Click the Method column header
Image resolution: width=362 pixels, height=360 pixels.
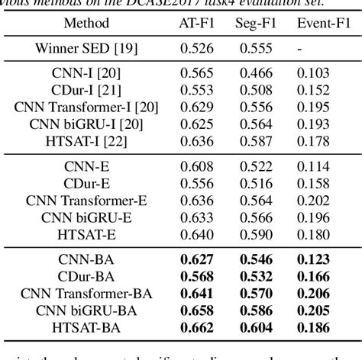click(x=86, y=23)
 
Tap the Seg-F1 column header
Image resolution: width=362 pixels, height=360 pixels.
click(x=256, y=23)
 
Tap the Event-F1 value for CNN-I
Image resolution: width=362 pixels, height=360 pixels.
click(x=313, y=73)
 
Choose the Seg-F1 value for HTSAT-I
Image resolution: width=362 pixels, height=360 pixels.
click(x=256, y=140)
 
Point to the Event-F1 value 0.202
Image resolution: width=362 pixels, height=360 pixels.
click(x=313, y=200)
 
